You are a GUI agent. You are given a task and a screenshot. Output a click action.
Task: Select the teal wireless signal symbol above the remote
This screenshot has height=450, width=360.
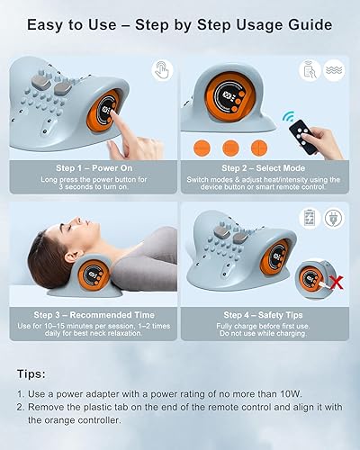[291, 118]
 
